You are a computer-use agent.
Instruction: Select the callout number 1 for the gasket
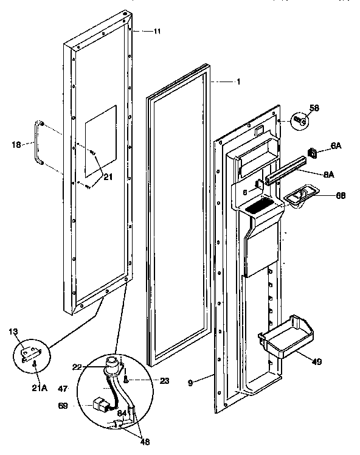tap(238, 82)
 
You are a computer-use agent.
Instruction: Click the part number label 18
tap(17, 144)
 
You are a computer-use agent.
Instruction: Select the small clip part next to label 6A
tap(314, 155)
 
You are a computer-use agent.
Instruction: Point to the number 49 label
tap(316, 361)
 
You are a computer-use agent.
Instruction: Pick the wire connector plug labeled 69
tap(98, 405)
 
